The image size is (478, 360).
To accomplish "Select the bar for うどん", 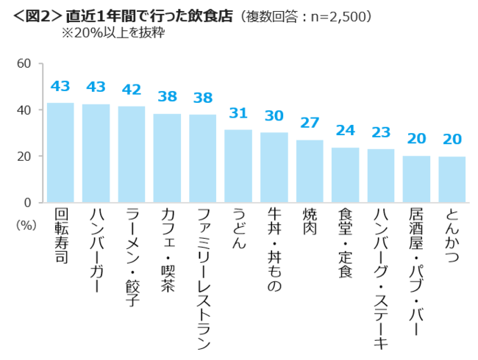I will [x=238, y=166].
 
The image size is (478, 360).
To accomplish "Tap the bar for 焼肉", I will [x=310, y=170].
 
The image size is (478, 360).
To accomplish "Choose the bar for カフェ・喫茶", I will [x=167, y=158].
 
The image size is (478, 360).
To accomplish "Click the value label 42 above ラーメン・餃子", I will [x=132, y=89].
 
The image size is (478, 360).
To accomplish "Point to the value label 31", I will [x=238, y=115].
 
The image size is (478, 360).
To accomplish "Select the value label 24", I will [x=346, y=131].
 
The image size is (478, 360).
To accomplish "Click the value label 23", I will [x=381, y=134].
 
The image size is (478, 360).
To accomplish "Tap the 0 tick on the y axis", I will [x=27, y=202].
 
